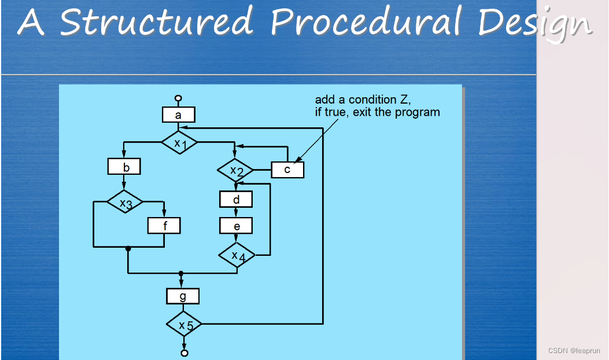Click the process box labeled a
(x=178, y=115)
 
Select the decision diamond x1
(x=179, y=142)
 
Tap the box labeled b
(x=124, y=168)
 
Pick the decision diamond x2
(x=235, y=170)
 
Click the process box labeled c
(x=287, y=170)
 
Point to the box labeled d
(x=236, y=200)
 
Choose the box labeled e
(x=236, y=226)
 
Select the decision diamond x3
(x=125, y=203)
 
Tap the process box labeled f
(x=164, y=226)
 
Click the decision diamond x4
(x=236, y=255)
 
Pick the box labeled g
(x=183, y=296)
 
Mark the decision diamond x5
(x=184, y=325)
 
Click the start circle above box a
(x=178, y=98)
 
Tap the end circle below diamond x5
(x=184, y=352)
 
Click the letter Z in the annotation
(x=405, y=100)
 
